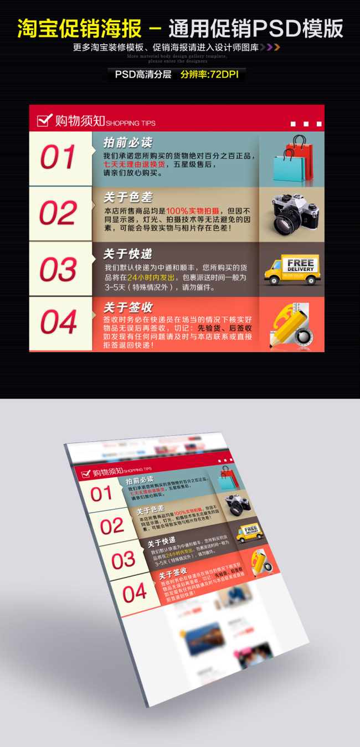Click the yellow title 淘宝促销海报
click(79, 28)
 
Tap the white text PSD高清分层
click(143, 74)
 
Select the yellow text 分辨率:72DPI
click(209, 74)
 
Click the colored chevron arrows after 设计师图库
click(270, 47)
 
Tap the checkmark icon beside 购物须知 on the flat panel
click(44, 120)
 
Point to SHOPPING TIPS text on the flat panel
click(131, 123)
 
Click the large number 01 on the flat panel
click(58, 158)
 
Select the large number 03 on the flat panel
click(58, 270)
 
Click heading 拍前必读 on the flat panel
click(127, 142)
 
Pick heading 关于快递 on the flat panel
click(127, 254)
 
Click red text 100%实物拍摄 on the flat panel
click(192, 211)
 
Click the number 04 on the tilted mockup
click(135, 594)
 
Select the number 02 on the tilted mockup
click(112, 526)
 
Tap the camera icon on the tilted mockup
click(238, 504)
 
